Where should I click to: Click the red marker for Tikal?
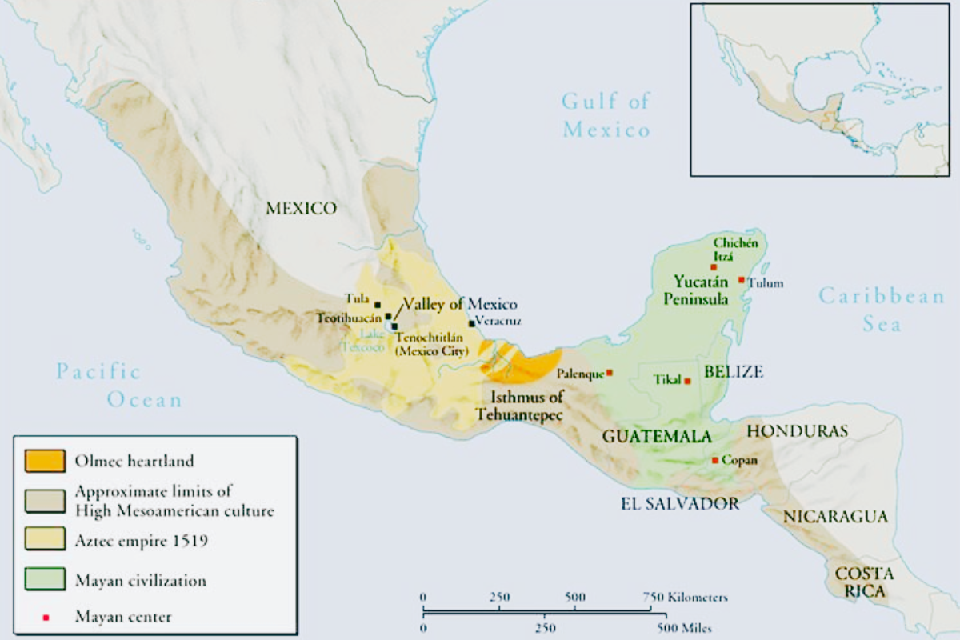(x=687, y=381)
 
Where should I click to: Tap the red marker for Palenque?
(x=610, y=373)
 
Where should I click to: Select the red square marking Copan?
(x=715, y=460)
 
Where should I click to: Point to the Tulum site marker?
(x=742, y=280)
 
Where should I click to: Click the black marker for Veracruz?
(x=472, y=323)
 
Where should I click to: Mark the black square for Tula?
(x=378, y=304)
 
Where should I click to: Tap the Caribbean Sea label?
(x=882, y=310)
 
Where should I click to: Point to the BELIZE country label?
(x=734, y=371)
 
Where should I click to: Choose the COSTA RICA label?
(x=865, y=582)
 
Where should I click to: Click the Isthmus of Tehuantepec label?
(x=519, y=406)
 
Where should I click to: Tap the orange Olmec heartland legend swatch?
(x=45, y=461)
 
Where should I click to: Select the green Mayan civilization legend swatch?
(x=45, y=580)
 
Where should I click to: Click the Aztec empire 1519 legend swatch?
(x=45, y=540)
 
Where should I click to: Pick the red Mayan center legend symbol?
(x=46, y=617)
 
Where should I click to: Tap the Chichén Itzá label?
(x=734, y=249)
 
